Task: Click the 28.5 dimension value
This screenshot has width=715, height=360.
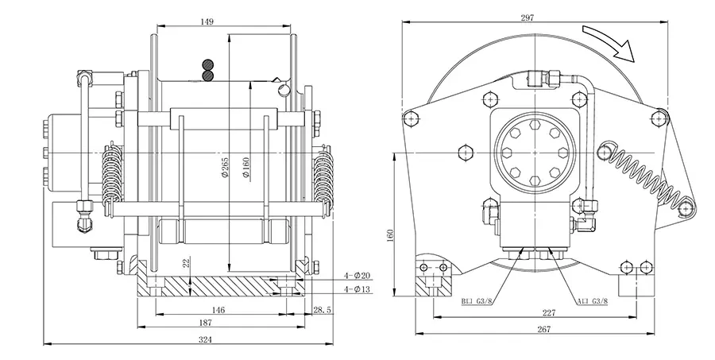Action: [x=322, y=309]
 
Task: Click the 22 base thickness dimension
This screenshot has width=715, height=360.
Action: [x=186, y=264]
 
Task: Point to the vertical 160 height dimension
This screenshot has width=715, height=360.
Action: [x=390, y=236]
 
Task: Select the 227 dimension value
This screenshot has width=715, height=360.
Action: [x=547, y=312]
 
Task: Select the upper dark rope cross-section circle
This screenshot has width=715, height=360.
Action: [x=209, y=64]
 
